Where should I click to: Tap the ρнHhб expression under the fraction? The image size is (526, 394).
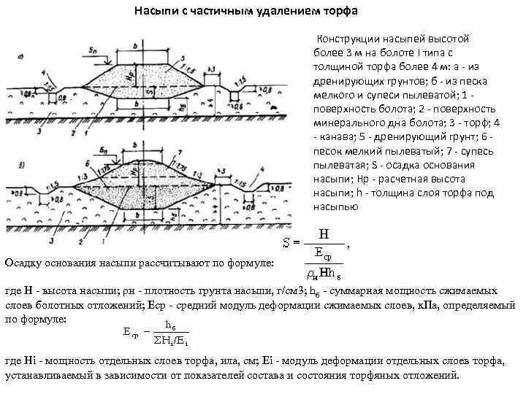[x=321, y=274]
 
